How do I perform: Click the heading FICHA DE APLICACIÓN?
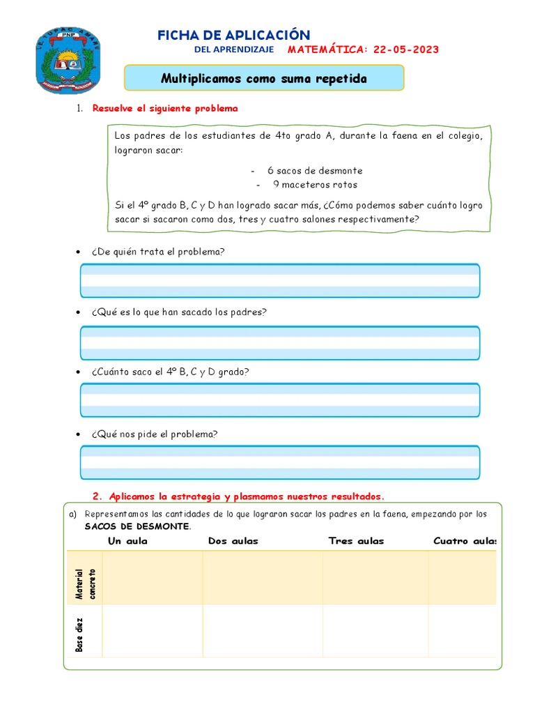coord(233,35)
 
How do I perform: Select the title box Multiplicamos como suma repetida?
coord(263,78)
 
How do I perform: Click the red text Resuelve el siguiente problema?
coord(165,108)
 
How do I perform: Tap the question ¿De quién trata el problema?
coord(157,251)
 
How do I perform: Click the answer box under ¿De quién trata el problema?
coord(280,280)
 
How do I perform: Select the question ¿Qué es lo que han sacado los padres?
coord(178,312)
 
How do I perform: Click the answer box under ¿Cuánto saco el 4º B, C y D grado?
coord(280,400)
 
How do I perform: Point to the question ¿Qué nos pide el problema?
coord(154,434)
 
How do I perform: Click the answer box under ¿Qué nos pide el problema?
coord(280,462)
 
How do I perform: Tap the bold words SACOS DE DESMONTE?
coord(137,526)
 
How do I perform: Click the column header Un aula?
coord(127,541)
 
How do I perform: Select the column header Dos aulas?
coord(233,541)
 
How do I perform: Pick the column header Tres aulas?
coord(356,541)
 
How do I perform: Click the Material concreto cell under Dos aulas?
coord(263,577)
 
